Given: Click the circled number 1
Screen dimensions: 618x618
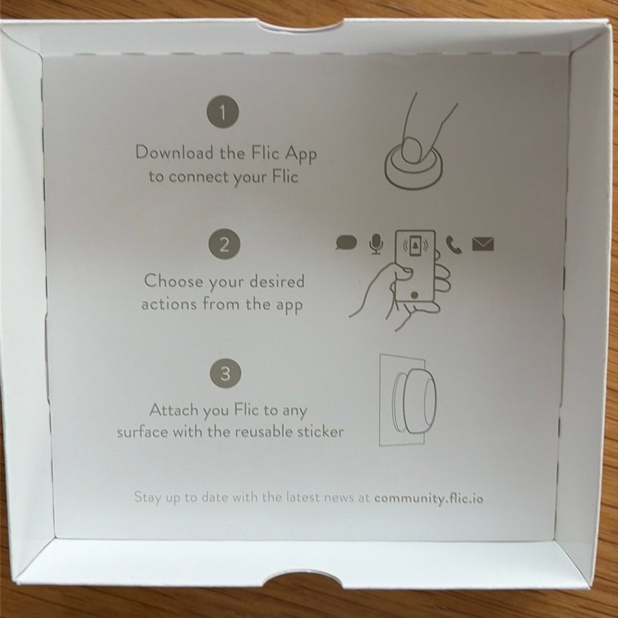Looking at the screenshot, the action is coord(222,112).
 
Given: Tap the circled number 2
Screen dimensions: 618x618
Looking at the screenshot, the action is coord(225,244).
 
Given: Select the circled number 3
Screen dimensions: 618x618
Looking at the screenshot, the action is coord(225,373).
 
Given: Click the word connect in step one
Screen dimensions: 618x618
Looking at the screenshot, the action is coord(198,177).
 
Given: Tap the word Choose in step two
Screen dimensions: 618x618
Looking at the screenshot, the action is coord(174,281).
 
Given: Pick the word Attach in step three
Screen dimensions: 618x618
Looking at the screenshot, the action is coord(174,410).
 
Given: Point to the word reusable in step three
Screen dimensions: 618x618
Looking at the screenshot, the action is coord(264,432).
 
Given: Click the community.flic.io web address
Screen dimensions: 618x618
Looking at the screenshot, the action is coord(428,499).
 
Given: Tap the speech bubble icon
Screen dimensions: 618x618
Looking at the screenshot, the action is coord(346,242).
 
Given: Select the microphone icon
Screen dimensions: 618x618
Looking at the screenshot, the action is coord(376,244).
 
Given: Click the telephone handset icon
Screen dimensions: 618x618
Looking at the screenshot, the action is coord(454,244).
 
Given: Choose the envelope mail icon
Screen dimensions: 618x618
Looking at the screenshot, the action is coord(483,244).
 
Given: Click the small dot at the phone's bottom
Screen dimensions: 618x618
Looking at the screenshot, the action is coord(414,295).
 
